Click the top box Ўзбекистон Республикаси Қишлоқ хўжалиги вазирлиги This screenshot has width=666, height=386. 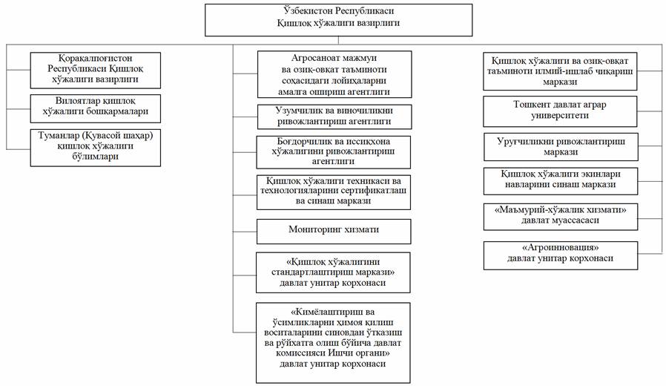click(337, 19)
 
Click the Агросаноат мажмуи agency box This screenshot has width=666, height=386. click(333, 74)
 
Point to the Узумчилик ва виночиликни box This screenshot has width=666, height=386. click(333, 116)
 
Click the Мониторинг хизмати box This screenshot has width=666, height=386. click(333, 231)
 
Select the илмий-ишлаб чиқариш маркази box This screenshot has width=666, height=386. click(560, 71)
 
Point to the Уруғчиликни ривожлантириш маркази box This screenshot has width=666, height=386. click(560, 146)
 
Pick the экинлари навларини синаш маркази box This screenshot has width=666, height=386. click(560, 180)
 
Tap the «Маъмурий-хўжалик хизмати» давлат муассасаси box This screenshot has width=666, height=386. click(560, 215)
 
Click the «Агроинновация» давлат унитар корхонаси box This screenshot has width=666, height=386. click(560, 255)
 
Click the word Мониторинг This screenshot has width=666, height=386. click(310, 231)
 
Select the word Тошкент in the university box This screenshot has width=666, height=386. click(533, 105)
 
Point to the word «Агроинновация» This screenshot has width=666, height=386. click(560, 249)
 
